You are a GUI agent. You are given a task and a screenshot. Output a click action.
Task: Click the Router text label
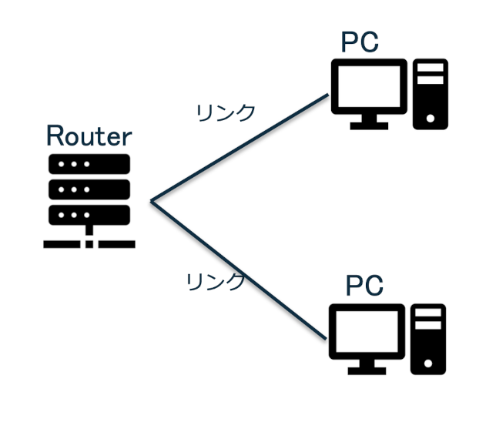point(89,136)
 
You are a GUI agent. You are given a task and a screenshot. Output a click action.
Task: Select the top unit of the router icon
point(89,164)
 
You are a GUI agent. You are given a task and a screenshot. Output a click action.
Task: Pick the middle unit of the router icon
point(89,188)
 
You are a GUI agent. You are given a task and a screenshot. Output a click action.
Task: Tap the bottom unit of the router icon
point(89,212)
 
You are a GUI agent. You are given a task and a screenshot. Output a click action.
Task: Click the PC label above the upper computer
point(360,43)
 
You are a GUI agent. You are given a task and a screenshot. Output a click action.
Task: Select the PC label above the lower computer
point(364,286)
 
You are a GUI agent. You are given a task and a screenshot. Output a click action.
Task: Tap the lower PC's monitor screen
point(367,329)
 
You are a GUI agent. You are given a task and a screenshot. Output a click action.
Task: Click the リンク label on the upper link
point(226,112)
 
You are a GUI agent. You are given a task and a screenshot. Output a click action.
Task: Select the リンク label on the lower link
point(216,281)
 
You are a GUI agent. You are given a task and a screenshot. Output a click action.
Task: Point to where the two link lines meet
point(152,202)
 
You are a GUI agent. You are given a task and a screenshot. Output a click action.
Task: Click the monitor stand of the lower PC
point(367,367)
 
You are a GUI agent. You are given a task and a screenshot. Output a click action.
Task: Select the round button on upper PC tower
point(430,119)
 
